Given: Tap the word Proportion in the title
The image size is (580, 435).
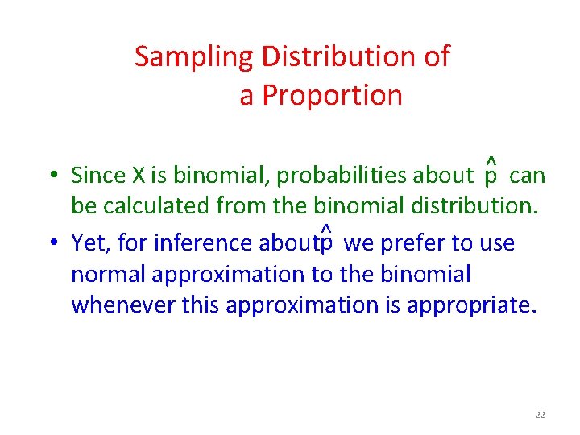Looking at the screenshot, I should pos(333,96).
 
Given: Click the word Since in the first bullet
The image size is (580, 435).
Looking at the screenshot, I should pos(94,175).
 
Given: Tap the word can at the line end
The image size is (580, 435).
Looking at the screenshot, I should pos(528,175).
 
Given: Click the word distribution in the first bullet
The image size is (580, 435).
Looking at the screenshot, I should pos(465,206).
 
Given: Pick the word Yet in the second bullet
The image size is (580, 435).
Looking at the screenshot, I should pos(88,242).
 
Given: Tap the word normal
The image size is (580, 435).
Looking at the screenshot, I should pos(108,275).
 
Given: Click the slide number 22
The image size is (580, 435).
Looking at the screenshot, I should pos(540,415).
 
